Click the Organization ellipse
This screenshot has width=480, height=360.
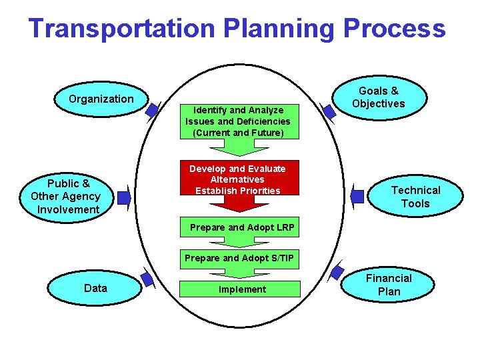point(101,99)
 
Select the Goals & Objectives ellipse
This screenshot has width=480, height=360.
point(378,97)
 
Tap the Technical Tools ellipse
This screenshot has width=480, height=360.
point(415,197)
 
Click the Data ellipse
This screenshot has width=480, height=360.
point(95,289)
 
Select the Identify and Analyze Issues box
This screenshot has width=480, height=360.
point(238,121)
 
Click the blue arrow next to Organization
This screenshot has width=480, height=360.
point(153,110)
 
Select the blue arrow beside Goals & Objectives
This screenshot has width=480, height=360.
point(328,111)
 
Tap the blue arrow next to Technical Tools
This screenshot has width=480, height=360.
point(357,196)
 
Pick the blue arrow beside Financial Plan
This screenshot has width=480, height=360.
point(337,272)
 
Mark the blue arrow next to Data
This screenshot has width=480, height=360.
point(147,279)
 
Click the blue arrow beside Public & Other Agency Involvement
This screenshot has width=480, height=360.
point(124,197)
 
